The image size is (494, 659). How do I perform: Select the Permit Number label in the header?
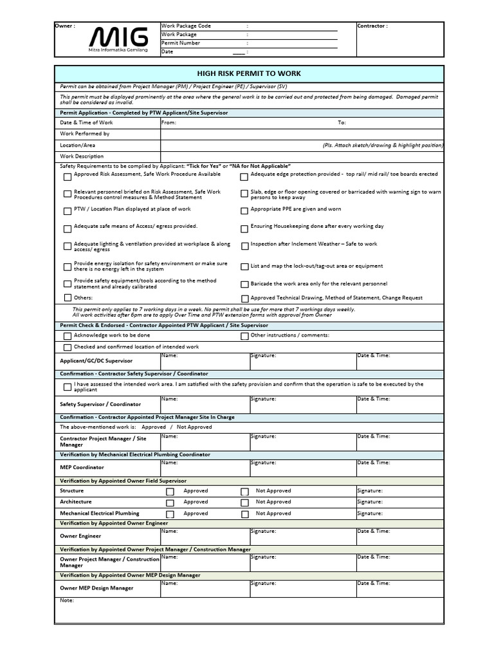pyautogui.click(x=180, y=43)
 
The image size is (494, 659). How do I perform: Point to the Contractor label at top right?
pyautogui.click(x=372, y=26)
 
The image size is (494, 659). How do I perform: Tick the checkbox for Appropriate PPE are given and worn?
pyautogui.click(x=244, y=210)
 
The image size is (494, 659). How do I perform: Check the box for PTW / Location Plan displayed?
pyautogui.click(x=68, y=210)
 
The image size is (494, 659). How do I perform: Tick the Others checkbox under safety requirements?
pyautogui.click(x=68, y=298)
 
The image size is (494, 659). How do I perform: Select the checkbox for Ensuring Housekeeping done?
pyautogui.click(x=244, y=228)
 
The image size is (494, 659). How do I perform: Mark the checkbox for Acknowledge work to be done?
pyautogui.click(x=68, y=336)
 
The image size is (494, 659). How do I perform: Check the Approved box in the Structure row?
pyautogui.click(x=170, y=492)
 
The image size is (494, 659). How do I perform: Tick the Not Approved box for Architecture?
pyautogui.click(x=244, y=503)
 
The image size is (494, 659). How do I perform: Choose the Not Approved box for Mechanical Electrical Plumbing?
pyautogui.click(x=244, y=514)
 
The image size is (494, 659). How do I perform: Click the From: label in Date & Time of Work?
pyautogui.click(x=169, y=122)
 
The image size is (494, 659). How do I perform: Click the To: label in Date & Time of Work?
pyautogui.click(x=342, y=122)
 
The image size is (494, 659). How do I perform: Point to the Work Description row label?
pyautogui.click(x=82, y=156)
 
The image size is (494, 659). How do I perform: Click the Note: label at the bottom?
pyautogui.click(x=67, y=600)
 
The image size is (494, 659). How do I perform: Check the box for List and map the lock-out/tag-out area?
pyautogui.click(x=244, y=266)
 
